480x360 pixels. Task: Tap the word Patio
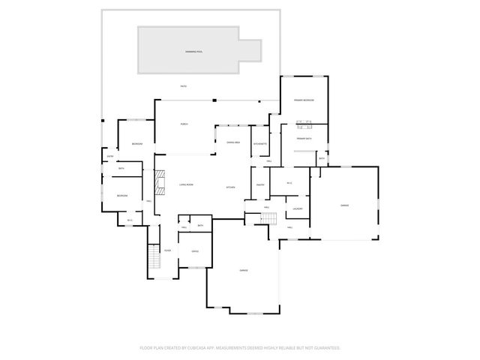184,87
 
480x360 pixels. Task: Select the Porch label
184,124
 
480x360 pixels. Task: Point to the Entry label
109,156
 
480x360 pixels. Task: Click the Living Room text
186,184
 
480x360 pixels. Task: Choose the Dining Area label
233,142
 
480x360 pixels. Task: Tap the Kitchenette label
260,142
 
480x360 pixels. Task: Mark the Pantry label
261,184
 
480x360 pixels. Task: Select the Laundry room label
297,208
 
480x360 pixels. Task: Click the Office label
194,251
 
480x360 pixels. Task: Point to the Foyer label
167,250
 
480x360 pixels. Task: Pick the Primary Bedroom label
303,100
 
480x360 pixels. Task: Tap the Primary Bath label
304,139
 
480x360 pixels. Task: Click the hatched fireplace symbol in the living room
158,182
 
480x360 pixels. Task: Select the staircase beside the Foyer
154,259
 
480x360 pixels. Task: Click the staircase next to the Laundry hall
269,218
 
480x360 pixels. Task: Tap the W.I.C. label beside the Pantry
289,183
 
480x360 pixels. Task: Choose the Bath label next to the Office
200,226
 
